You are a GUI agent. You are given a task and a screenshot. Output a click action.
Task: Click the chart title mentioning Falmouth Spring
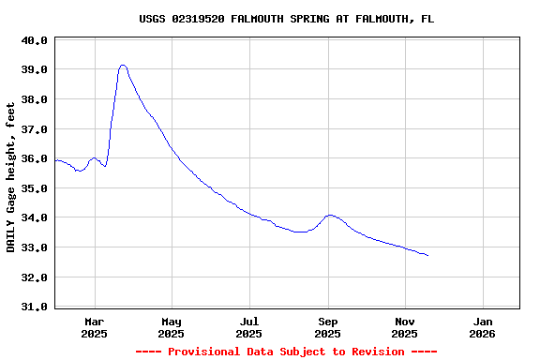286,19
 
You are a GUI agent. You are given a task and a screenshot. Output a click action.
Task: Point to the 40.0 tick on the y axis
34,40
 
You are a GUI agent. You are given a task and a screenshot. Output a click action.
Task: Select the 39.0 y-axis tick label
34,69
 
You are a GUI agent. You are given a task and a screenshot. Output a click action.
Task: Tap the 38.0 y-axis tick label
34,99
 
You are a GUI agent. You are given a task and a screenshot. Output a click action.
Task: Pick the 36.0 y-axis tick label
34,158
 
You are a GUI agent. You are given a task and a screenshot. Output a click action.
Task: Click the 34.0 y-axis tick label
34,217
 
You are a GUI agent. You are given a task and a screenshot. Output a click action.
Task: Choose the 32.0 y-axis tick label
34,277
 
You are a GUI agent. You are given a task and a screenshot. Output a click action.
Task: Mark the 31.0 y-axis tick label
34,307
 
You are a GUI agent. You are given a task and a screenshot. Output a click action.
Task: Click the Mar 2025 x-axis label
94,326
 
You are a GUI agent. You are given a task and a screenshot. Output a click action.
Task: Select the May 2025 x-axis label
172,326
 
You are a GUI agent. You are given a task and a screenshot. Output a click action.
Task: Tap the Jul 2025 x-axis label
249,326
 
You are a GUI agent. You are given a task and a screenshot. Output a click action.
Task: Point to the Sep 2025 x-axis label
327,326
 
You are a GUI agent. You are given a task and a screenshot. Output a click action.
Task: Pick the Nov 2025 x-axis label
404,326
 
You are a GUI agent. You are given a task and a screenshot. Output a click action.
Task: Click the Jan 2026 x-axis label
482,326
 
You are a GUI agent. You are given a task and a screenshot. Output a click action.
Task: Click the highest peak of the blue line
123,66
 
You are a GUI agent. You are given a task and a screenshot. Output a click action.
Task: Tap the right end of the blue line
427,255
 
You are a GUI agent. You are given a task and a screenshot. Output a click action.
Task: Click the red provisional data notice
286,352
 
